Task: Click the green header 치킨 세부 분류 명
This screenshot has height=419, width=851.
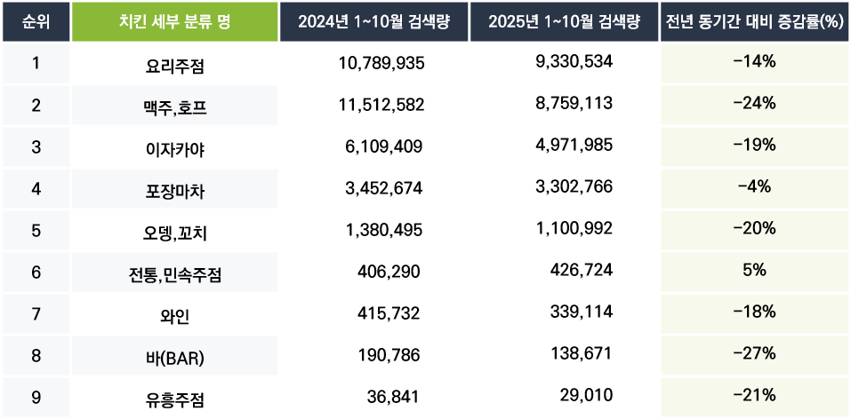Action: pos(173,21)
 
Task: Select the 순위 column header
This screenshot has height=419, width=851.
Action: pos(36,21)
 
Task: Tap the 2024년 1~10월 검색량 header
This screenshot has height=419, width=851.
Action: pos(373,21)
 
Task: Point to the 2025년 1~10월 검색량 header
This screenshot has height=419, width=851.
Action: pos(564,21)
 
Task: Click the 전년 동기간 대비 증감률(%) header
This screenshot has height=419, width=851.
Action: pos(754,21)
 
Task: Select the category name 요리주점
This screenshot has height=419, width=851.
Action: pos(173,64)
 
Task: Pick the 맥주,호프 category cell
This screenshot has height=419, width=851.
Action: pos(173,106)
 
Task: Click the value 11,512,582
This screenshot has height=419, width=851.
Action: pos(381,104)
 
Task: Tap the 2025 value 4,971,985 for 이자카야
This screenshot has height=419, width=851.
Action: pos(570,146)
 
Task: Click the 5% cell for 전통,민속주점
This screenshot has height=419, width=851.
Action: pos(754,270)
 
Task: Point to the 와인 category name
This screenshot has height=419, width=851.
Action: pos(173,313)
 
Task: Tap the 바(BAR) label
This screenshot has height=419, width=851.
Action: pos(173,355)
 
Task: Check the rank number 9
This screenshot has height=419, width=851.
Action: pos(36,395)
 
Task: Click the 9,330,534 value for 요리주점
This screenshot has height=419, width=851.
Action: pos(570,62)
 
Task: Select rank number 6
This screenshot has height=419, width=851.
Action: pos(36,271)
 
